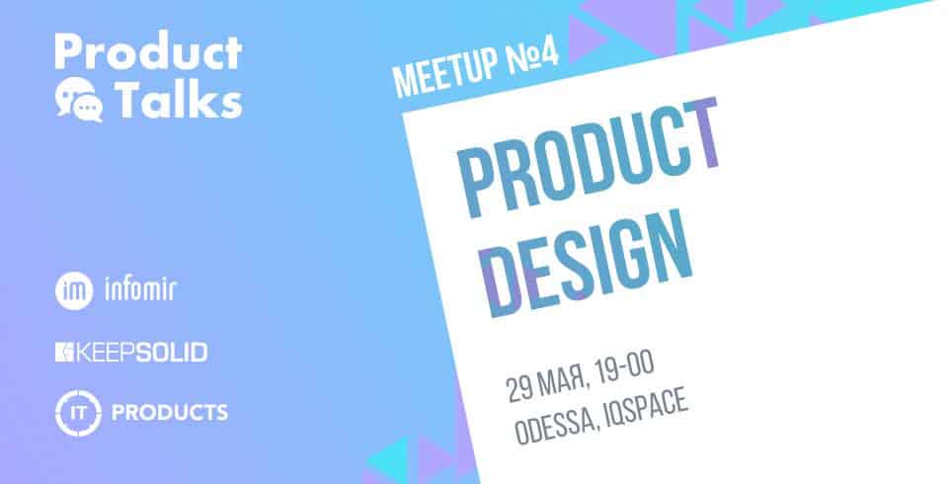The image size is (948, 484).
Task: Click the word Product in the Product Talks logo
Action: point(149,51)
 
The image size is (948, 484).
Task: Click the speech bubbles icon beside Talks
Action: point(79,101)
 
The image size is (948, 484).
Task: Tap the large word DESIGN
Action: point(586,264)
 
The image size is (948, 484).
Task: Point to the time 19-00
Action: point(626,368)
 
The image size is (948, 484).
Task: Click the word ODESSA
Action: point(553,426)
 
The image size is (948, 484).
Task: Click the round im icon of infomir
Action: point(74,290)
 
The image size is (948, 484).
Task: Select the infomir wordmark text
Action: point(140,289)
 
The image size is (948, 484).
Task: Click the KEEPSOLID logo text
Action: point(141,352)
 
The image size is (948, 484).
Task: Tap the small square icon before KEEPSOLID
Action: point(64,352)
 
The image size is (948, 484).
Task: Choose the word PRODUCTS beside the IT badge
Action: point(170,413)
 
